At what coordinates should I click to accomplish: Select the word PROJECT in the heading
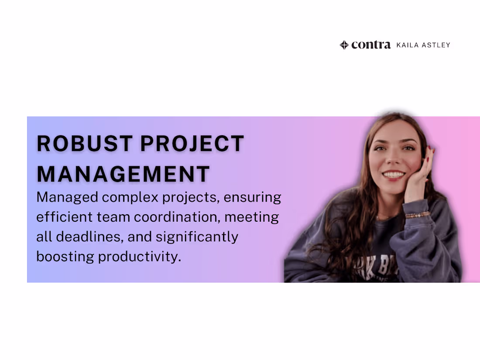click(192, 144)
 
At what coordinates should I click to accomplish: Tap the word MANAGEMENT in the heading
click(123, 174)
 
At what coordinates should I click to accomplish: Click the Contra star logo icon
click(344, 45)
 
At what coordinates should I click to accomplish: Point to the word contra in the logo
click(371, 45)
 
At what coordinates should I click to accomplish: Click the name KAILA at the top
click(408, 45)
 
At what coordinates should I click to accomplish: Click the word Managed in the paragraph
click(67, 197)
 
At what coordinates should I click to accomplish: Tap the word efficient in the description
click(65, 217)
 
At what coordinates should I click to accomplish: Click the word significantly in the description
click(197, 237)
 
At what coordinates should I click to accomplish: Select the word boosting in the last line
click(65, 257)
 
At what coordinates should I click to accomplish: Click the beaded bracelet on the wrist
click(418, 215)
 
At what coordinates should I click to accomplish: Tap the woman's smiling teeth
click(394, 175)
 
